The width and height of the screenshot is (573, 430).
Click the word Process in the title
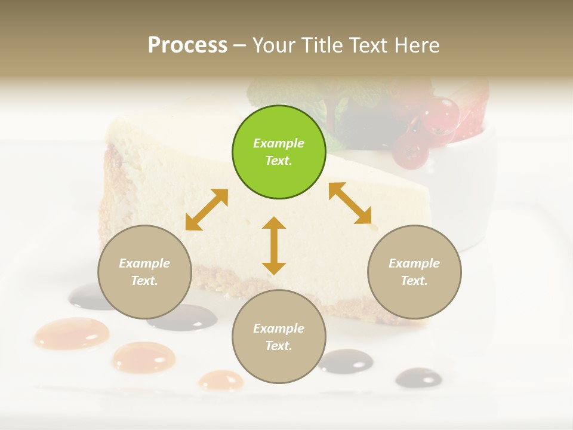tap(187, 45)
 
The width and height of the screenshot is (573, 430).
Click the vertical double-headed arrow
tap(274, 245)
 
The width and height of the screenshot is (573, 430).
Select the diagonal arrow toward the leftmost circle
tap(207, 210)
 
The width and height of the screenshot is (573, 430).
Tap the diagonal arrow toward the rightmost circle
tap(350, 203)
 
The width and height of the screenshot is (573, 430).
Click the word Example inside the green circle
tap(279, 143)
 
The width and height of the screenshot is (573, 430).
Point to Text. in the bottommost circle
tap(279, 346)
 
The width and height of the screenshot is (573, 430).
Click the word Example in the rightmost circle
tap(414, 263)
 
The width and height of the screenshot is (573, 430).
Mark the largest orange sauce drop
tap(72, 333)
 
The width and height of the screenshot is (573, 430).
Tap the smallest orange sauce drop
tap(221, 380)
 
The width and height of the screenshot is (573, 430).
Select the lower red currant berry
tap(410, 151)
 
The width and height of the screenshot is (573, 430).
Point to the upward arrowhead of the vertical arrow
tap(274, 223)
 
